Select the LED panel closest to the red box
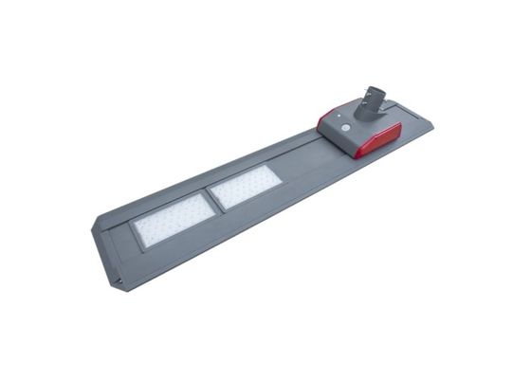246,186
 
